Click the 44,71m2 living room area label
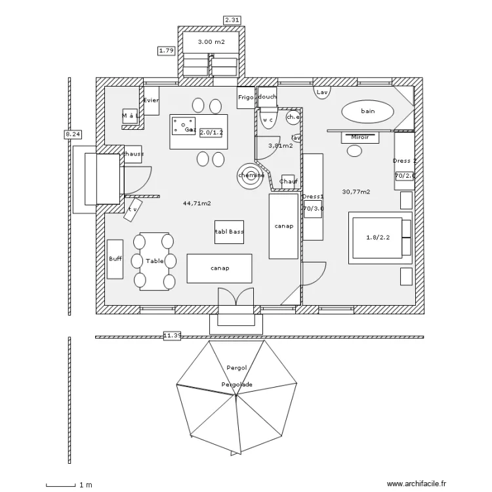click(197, 203)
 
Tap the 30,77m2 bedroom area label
click(356, 192)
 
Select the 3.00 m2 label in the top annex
click(211, 42)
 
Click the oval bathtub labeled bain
click(367, 112)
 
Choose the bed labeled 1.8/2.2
click(378, 237)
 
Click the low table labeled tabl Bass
click(229, 232)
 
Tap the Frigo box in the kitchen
click(245, 97)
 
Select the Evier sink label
click(151, 100)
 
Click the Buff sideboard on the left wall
click(115, 259)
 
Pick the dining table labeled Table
click(155, 261)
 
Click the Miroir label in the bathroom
click(359, 138)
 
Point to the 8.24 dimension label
click(72, 134)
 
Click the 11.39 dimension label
click(172, 336)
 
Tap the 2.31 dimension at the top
click(232, 20)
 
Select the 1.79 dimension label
click(166, 51)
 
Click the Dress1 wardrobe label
click(312, 196)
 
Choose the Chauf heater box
click(289, 182)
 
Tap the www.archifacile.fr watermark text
click(416, 483)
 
